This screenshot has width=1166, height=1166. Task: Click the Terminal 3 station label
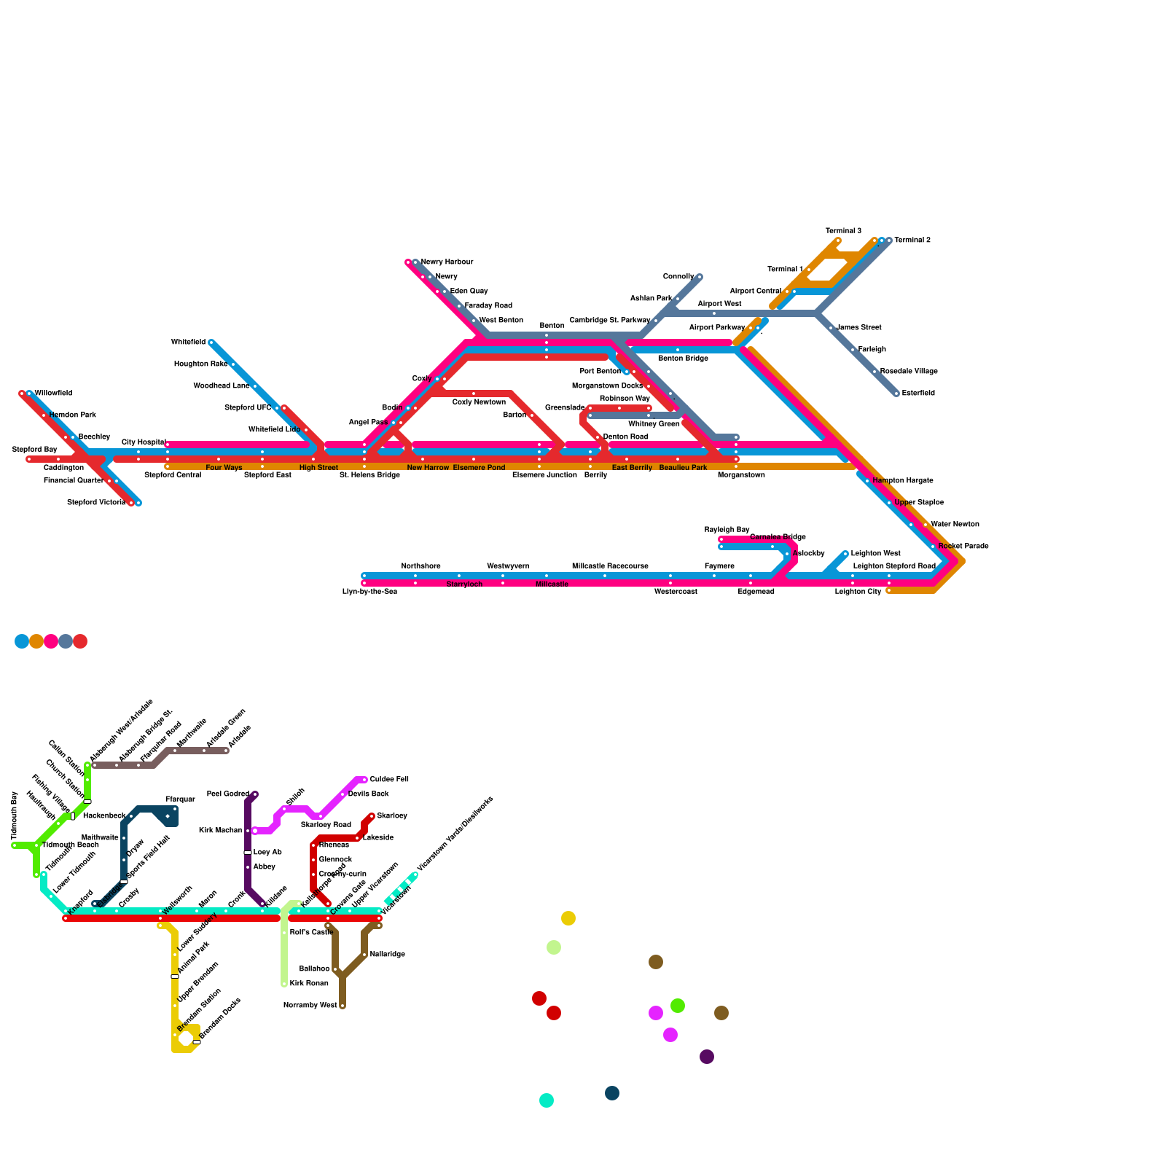tap(843, 230)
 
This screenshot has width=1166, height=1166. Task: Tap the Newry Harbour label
tap(447, 262)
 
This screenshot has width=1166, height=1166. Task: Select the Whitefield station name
tap(188, 342)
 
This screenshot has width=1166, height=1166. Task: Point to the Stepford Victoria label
tap(96, 502)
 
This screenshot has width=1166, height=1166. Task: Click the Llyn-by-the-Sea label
tap(369, 591)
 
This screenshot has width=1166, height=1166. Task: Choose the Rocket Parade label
tap(963, 546)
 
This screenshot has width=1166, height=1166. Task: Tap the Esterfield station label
tap(918, 393)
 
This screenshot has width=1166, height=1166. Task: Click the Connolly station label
tap(678, 276)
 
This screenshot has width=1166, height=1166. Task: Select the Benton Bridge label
tap(683, 358)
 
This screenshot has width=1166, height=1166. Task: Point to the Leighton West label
tap(875, 553)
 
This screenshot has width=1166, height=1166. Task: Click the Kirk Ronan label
tap(309, 983)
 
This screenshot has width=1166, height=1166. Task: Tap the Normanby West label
tap(310, 1005)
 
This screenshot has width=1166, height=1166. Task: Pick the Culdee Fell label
tap(389, 779)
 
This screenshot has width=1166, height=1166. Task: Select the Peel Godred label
tap(228, 794)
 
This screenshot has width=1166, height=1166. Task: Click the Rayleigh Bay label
tap(727, 529)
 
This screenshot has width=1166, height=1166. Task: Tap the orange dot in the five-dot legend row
tap(36, 641)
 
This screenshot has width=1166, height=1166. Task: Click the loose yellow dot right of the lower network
tap(568, 918)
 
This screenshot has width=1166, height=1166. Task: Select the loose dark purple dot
tap(707, 1057)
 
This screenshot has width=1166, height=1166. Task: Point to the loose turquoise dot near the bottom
tap(547, 1100)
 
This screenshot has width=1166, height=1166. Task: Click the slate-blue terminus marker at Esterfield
tap(896, 394)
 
